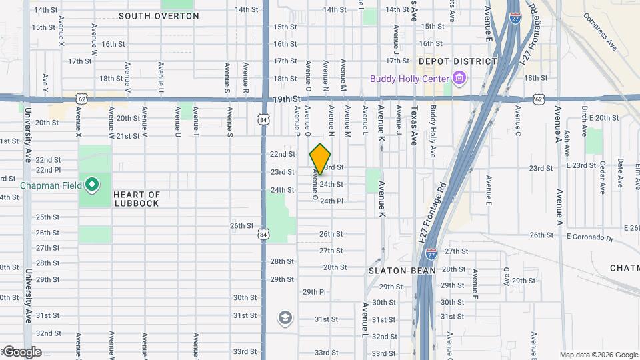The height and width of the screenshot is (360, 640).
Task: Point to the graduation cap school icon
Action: coord(285,318)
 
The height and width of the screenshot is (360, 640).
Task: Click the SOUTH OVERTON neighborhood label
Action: coord(150,15)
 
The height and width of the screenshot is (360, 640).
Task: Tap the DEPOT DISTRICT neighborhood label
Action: coord(457,61)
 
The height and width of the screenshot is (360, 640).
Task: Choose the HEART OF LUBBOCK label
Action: coord(136,199)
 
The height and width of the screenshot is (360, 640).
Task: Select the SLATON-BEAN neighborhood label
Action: coord(403,271)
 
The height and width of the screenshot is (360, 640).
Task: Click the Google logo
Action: coord(21,352)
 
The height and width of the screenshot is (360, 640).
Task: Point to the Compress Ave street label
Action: coord(599,32)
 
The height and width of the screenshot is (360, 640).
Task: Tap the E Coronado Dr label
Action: coord(589,236)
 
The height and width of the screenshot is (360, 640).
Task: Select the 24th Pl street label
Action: coord(331,201)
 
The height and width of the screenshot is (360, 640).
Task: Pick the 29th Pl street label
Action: coord(314,292)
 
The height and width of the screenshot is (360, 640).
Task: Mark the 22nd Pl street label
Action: coord(48,170)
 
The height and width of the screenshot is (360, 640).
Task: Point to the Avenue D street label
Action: coord(506,275)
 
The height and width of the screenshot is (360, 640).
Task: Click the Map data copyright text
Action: coord(598,355)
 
